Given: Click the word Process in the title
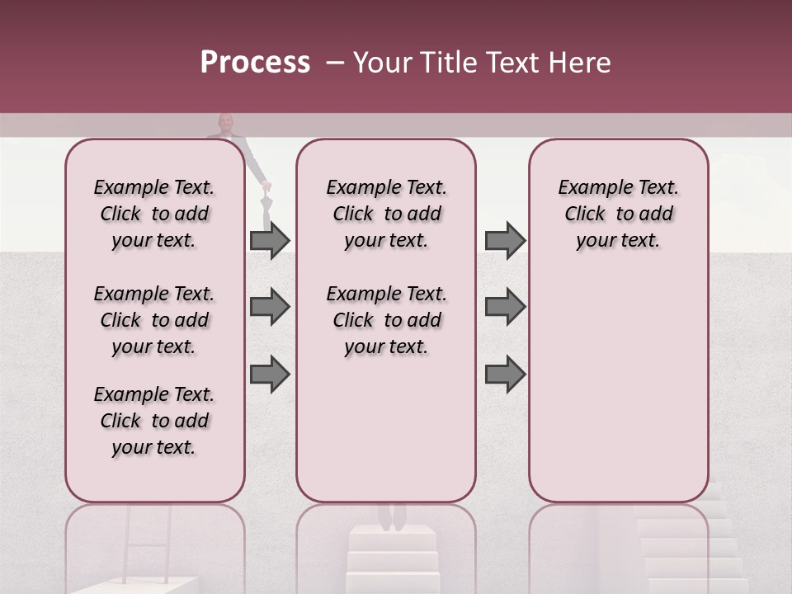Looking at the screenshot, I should click(255, 63).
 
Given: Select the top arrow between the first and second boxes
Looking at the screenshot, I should click(270, 241).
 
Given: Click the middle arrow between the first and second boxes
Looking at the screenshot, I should click(270, 307).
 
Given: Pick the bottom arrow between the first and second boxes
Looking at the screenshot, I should click(270, 374).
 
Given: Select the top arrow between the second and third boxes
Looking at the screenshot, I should click(505, 241).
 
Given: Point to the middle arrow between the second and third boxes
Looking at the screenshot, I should click(505, 307).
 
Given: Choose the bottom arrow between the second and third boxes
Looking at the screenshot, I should click(505, 374).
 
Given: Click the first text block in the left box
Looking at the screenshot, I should click(154, 214).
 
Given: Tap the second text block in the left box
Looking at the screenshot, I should click(154, 320).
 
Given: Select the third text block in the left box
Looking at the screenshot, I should click(154, 421).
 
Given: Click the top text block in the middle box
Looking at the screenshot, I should click(386, 214).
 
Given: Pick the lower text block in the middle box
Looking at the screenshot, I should click(386, 320).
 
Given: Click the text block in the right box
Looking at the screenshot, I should click(618, 214).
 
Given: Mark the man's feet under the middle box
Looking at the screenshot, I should click(391, 516).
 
